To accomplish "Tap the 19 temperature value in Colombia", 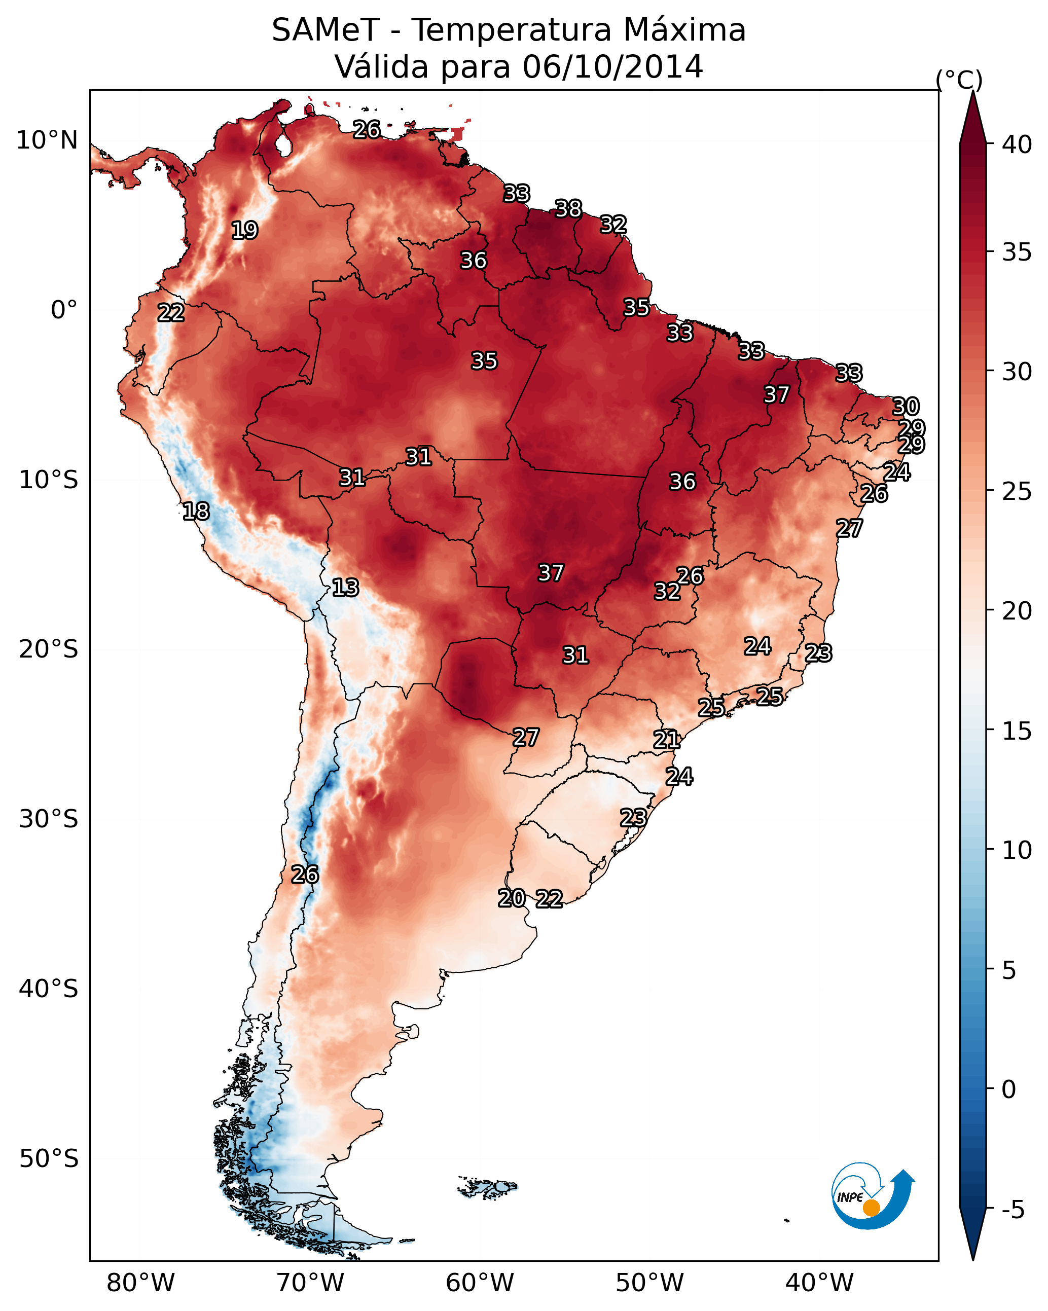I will pyautogui.click(x=244, y=231).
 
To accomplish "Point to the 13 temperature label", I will pyautogui.click(x=345, y=588).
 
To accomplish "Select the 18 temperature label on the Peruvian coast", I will pyautogui.click(x=196, y=512).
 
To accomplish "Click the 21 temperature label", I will pyautogui.click(x=667, y=740).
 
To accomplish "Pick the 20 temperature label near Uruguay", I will pyautogui.click(x=512, y=898).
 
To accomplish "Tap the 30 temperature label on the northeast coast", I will pyautogui.click(x=905, y=406).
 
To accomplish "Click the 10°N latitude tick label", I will pyautogui.click(x=47, y=140).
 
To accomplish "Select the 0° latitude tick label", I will pyautogui.click(x=64, y=310).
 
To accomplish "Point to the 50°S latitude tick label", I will pyautogui.click(x=49, y=1159).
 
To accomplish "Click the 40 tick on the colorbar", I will pyautogui.click(x=1017, y=144).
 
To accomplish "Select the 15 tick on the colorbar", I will pyautogui.click(x=1017, y=731).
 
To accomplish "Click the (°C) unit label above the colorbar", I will pyautogui.click(x=959, y=80).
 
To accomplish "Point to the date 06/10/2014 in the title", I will pyautogui.click(x=612, y=66).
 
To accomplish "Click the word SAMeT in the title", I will pyautogui.click(x=326, y=30).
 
